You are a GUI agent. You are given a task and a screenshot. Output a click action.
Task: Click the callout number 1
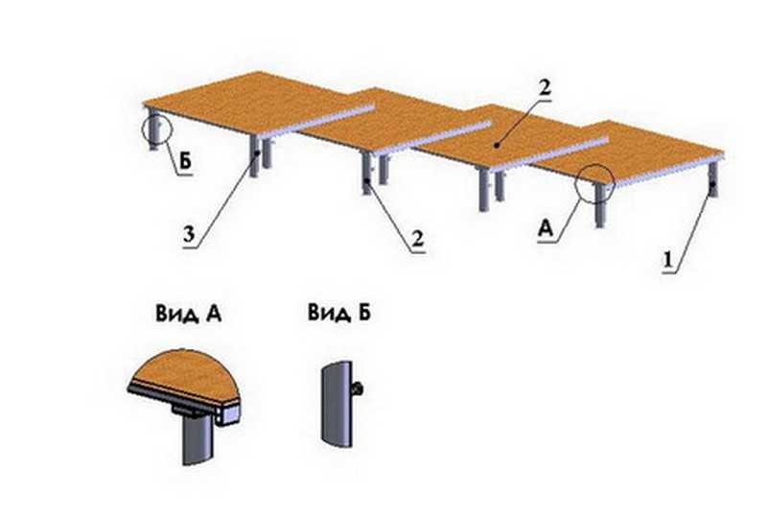668,260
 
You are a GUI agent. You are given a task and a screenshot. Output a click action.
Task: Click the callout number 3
189,234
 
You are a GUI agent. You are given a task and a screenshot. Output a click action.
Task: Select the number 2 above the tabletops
544,88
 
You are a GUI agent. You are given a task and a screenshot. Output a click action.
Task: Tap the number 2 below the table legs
417,240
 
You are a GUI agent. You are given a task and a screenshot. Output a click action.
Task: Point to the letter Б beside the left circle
185,161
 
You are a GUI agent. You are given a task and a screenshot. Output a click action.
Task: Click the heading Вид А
189,314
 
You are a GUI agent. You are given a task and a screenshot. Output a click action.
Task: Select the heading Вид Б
339,313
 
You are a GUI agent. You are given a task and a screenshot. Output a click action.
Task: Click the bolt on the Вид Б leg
358,389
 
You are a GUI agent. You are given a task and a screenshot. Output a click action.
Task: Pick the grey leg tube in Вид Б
337,405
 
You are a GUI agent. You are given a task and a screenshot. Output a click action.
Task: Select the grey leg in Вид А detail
198,438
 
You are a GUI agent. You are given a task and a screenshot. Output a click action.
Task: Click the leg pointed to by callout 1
713,179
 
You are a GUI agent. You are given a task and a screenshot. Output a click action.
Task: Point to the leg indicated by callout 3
254,156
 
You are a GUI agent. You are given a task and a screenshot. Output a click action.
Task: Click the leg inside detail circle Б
155,130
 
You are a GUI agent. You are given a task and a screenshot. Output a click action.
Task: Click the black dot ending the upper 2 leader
497,145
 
